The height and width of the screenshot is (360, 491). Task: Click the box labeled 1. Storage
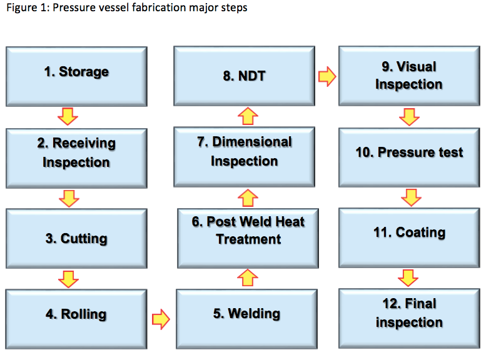[76, 72]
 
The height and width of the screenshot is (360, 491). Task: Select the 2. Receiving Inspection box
[76, 153]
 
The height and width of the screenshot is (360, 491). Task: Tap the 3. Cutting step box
[76, 238]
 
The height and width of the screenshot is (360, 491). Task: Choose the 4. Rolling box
[76, 314]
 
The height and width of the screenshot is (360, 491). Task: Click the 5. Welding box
[246, 314]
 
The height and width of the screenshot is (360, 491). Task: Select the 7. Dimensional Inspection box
[244, 152]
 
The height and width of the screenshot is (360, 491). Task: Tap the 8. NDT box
[244, 76]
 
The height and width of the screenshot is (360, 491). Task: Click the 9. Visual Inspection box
[409, 76]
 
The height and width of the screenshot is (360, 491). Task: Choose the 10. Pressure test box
[409, 152]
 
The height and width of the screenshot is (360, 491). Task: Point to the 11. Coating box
[409, 233]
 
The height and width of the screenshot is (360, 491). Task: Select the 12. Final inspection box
[409, 314]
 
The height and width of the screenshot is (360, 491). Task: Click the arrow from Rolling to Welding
[161, 319]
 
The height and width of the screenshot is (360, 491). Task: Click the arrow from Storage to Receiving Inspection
[68, 116]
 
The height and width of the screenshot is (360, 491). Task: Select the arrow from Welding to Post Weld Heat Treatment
[248, 277]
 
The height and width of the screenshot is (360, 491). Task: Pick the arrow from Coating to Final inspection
[408, 277]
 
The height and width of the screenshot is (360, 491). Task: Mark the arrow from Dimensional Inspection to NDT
[248, 116]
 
